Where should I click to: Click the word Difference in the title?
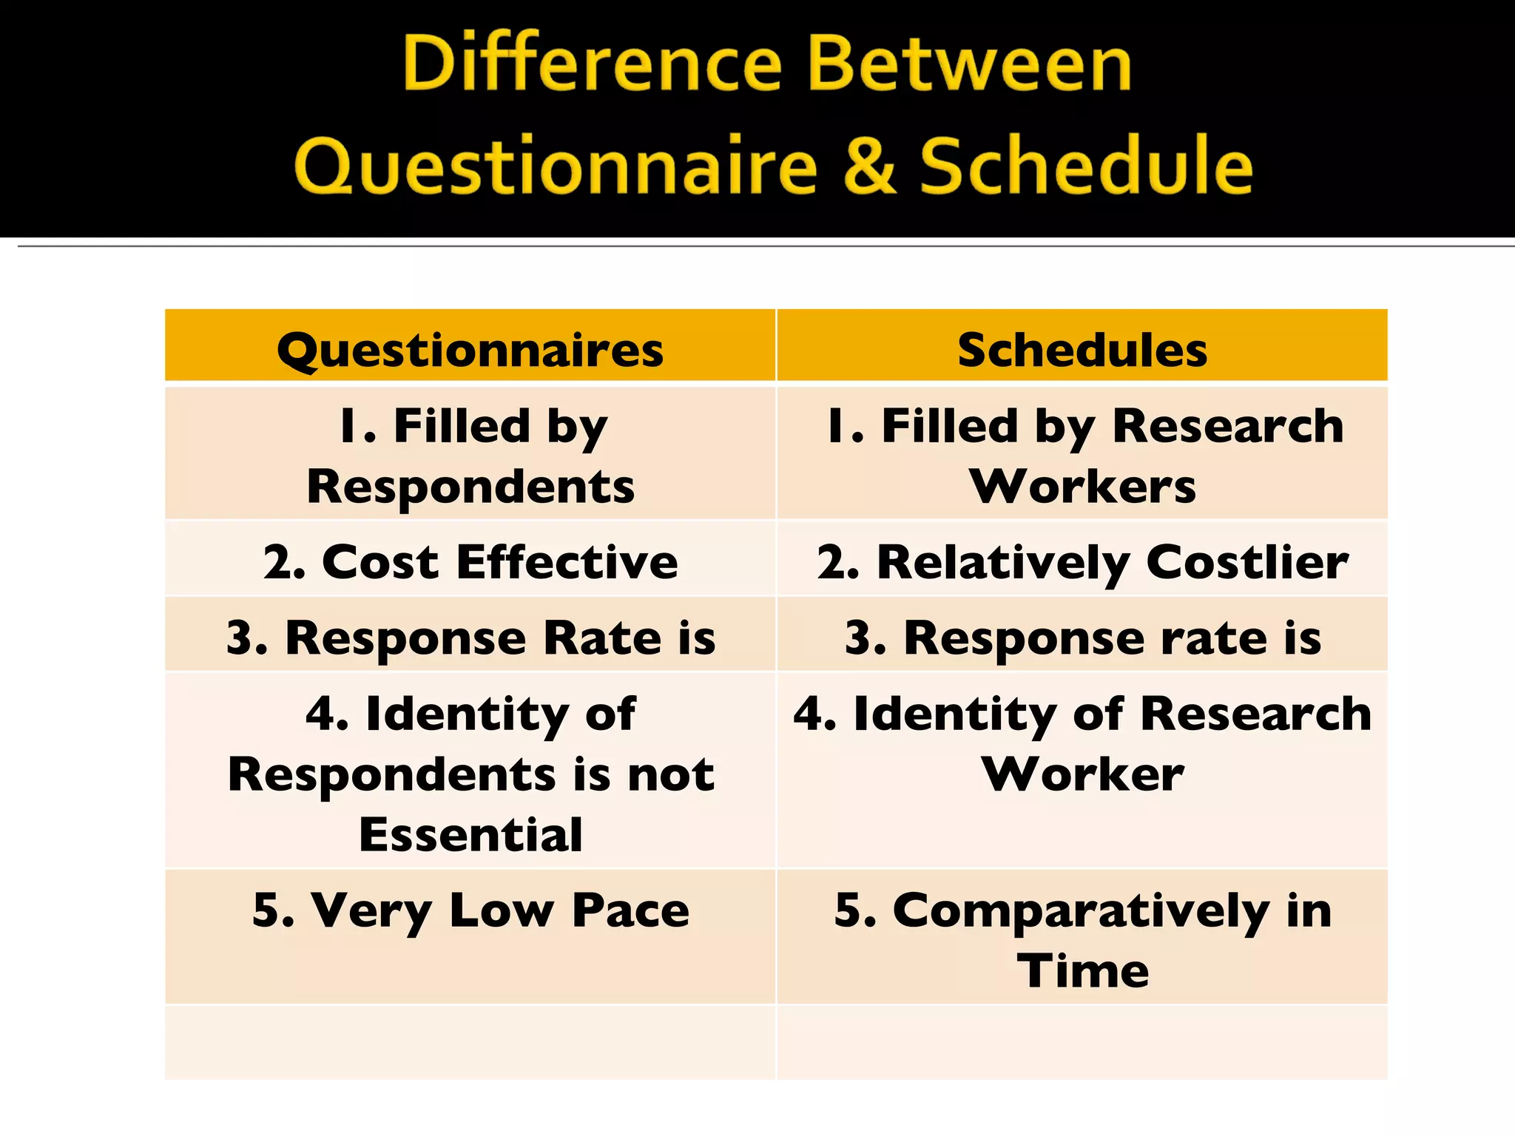(592, 64)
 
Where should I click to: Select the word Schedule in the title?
(1086, 166)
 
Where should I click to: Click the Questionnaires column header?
(470, 350)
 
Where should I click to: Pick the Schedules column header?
(1082, 350)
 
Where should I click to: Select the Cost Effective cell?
(470, 562)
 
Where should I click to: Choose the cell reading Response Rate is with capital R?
(470, 638)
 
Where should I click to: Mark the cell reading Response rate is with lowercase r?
(1082, 638)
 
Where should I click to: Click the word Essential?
(470, 835)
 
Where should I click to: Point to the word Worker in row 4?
(1082, 774)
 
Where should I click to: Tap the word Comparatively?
(1080, 911)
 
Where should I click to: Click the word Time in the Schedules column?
(1082, 971)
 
